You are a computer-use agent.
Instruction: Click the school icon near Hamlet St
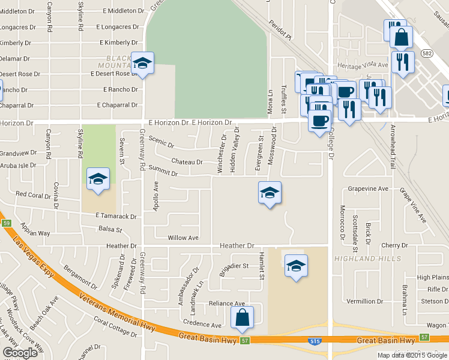click(x=296, y=265)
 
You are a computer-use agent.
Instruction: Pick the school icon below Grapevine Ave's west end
click(x=270, y=193)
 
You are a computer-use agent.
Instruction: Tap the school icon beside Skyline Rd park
click(x=98, y=179)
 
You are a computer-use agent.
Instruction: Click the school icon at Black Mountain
click(x=143, y=63)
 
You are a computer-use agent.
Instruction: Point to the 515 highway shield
click(x=315, y=341)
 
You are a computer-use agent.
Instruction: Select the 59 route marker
click(x=6, y=223)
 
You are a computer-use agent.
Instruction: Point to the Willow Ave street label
click(x=183, y=238)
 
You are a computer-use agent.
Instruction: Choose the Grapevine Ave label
click(x=369, y=189)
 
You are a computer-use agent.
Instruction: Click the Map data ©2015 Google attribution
click(x=412, y=355)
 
